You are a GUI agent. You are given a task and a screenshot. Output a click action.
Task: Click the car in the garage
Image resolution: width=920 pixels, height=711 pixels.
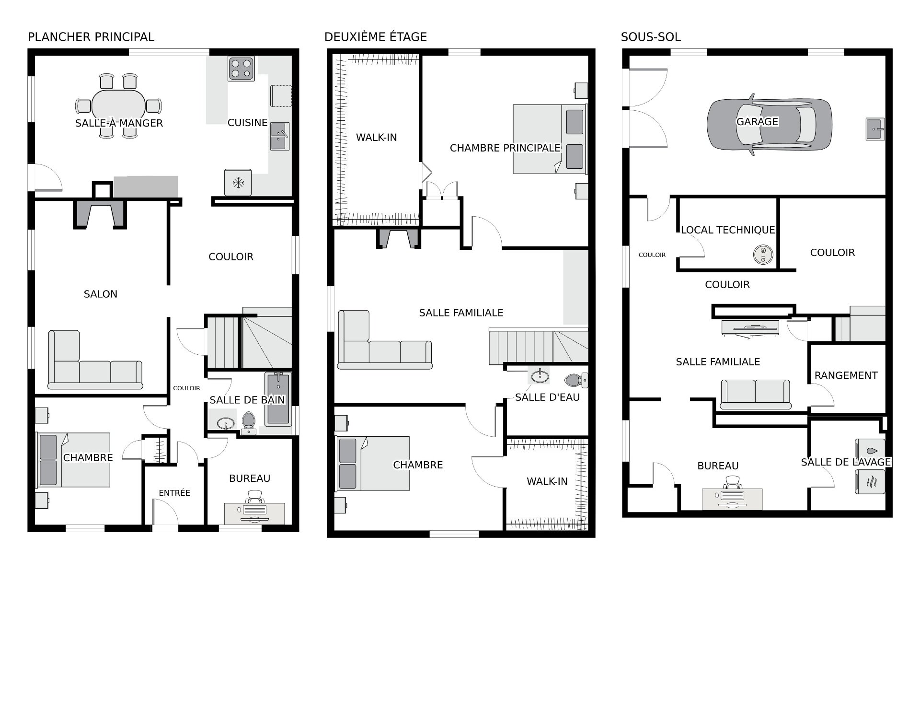pyautogui.click(x=770, y=124)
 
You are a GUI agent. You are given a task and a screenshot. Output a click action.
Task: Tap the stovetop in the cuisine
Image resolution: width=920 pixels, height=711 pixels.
pyautogui.click(x=241, y=68)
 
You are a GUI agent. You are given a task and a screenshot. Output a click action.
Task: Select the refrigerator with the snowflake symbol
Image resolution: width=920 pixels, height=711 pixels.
pyautogui.click(x=238, y=182)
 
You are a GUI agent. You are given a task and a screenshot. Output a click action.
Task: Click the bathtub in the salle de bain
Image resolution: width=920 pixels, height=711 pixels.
pyautogui.click(x=278, y=399)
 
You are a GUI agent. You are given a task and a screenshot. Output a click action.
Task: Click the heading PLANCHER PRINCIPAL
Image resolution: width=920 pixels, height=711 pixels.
pyautogui.click(x=91, y=37)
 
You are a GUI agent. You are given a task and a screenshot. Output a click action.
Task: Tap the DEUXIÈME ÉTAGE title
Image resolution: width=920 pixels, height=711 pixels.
pyautogui.click(x=376, y=37)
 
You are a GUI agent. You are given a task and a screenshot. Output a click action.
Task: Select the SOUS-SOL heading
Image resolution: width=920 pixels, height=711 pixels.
pyautogui.click(x=651, y=37)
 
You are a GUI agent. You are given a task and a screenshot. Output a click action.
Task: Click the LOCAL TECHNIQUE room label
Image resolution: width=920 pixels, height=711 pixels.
pyautogui.click(x=728, y=230)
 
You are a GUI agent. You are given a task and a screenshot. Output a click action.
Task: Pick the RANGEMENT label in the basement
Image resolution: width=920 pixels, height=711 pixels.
pyautogui.click(x=846, y=375)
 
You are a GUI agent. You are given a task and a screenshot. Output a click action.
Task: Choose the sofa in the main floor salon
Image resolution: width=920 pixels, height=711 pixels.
pyautogui.click(x=95, y=360)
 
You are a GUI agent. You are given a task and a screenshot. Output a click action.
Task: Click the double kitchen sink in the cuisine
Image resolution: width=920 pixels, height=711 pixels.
pyautogui.click(x=280, y=136)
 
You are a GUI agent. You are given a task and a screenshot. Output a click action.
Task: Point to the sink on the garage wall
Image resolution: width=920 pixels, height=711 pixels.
pyautogui.click(x=875, y=129)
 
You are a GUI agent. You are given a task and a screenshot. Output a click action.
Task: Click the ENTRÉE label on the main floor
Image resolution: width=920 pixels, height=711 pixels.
pyautogui.click(x=174, y=493)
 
